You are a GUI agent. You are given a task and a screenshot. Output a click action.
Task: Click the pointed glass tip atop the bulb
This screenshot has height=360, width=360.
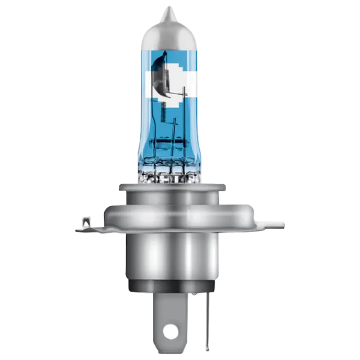171,11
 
